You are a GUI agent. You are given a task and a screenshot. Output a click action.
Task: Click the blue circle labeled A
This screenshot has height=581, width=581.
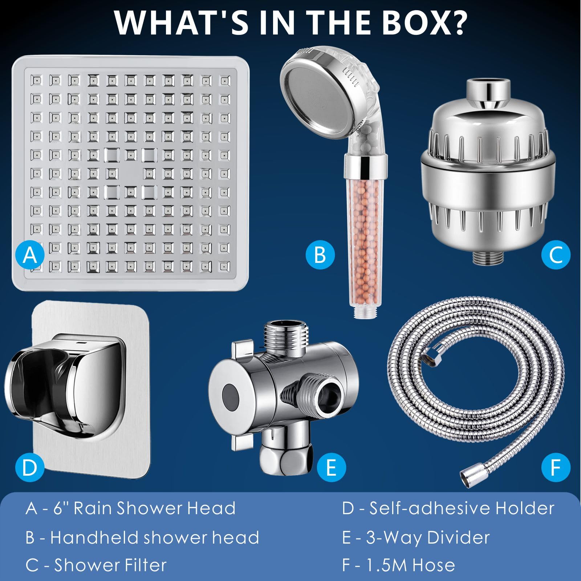[30, 255]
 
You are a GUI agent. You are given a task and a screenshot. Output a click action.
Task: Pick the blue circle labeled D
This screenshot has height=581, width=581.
[30, 467]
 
